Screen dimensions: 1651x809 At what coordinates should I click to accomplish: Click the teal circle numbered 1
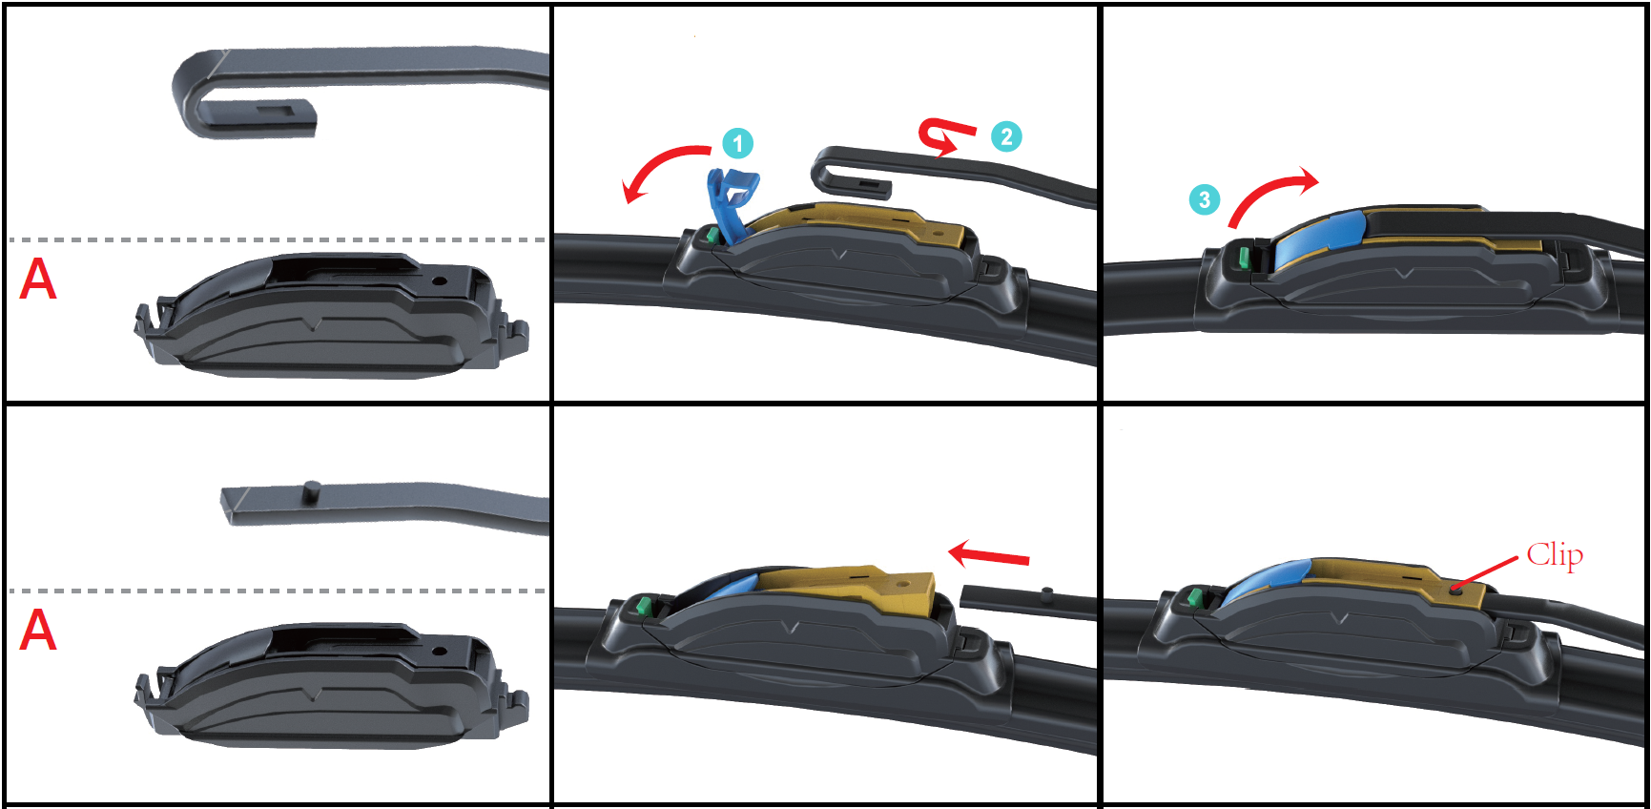pyautogui.click(x=737, y=144)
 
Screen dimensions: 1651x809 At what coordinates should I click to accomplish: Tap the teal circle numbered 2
pyautogui.click(x=1006, y=136)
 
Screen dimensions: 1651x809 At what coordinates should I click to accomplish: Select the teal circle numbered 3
pyautogui.click(x=1205, y=199)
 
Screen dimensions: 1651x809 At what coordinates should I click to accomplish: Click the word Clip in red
pyautogui.click(x=1555, y=554)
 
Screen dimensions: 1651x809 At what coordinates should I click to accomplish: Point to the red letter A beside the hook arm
pyautogui.click(x=38, y=280)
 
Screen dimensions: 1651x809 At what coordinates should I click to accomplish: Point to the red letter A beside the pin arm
pyautogui.click(x=38, y=631)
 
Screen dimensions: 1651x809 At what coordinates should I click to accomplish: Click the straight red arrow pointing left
pyautogui.click(x=989, y=554)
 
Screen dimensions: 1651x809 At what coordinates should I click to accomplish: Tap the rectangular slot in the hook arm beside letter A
pyautogui.click(x=278, y=111)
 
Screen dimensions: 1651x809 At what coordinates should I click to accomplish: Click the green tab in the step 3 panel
pyautogui.click(x=1244, y=256)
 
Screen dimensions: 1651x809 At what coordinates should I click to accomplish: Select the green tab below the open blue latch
pyautogui.click(x=712, y=235)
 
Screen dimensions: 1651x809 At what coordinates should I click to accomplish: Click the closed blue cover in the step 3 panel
pyautogui.click(x=1320, y=239)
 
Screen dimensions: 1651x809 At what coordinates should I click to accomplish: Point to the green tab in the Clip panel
pyautogui.click(x=1194, y=598)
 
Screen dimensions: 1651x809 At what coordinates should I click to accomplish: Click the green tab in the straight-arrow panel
pyautogui.click(x=643, y=606)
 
